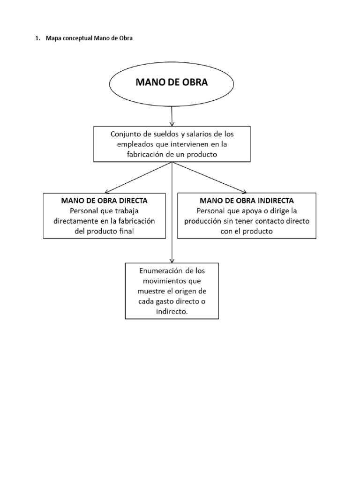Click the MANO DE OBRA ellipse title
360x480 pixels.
point(171,83)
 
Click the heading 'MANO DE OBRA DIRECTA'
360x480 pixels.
point(104,200)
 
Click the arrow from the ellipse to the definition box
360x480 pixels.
point(172,115)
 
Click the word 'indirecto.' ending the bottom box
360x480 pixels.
point(172,311)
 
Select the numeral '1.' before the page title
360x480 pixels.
point(37,39)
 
